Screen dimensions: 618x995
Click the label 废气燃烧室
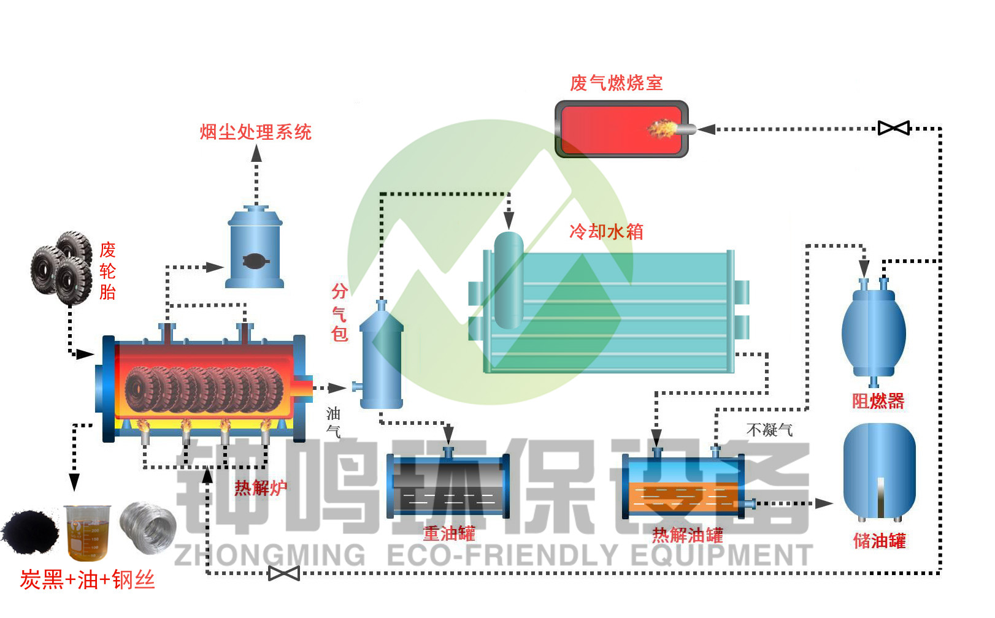(x=616, y=83)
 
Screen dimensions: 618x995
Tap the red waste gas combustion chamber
(x=621, y=129)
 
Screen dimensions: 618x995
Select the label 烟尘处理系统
(x=256, y=132)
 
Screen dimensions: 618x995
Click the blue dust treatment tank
(x=255, y=248)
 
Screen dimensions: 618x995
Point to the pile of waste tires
(x=62, y=267)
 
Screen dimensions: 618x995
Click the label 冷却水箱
(x=606, y=231)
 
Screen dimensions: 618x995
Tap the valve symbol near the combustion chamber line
(x=893, y=128)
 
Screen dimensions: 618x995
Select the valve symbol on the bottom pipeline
(x=284, y=573)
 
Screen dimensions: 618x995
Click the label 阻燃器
(x=878, y=401)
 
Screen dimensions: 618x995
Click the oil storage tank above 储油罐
(x=879, y=472)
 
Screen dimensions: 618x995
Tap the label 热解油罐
(x=687, y=535)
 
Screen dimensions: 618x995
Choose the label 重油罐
(x=449, y=533)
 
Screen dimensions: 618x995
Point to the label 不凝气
(x=769, y=430)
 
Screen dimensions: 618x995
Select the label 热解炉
(x=261, y=488)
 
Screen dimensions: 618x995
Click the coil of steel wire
(x=147, y=527)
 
